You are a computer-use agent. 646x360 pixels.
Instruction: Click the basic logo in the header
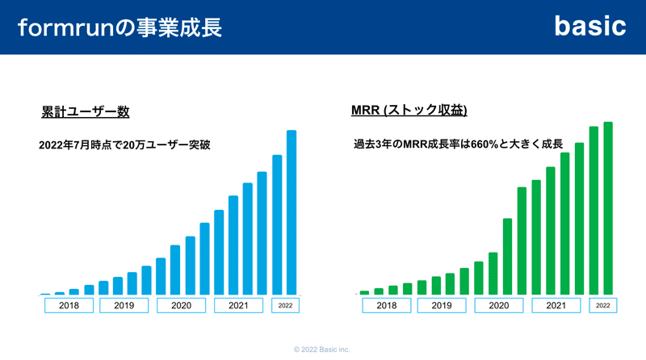coord(590,27)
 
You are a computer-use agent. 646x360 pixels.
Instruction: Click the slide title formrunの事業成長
coord(120,27)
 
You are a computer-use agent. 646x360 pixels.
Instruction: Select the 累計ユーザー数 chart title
coord(86,111)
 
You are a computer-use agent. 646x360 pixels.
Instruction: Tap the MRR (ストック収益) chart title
coord(409,110)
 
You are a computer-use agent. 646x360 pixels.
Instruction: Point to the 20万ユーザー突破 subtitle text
coord(124,145)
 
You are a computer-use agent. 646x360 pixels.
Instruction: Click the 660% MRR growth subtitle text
coord(458,144)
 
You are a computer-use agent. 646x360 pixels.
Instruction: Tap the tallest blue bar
coord(292,212)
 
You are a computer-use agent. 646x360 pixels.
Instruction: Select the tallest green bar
coord(608,208)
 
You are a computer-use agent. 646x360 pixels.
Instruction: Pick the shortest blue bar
coord(45,294)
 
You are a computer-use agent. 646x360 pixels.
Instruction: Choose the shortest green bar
coord(365,293)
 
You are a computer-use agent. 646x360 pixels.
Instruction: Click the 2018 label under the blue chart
coord(69,306)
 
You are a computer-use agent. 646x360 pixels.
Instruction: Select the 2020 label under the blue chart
coord(181,306)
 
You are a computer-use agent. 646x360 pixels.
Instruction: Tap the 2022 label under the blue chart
coord(285,306)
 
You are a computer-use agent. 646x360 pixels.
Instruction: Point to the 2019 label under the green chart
coord(442,306)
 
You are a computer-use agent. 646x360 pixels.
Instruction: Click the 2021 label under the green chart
coord(556,306)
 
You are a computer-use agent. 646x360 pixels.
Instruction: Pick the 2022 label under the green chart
coord(602,306)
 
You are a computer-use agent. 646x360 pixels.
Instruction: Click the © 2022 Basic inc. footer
coord(321,350)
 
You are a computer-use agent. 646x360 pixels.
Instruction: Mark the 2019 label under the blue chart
coord(124,306)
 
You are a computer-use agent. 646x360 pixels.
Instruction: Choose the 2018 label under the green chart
coord(387,306)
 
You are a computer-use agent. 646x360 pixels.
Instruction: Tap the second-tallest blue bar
coord(277,225)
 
